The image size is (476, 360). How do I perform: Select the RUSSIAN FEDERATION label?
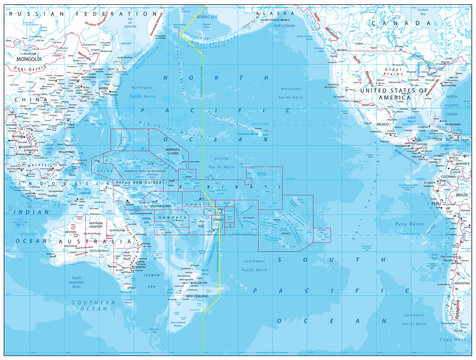(x=44, y=14)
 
